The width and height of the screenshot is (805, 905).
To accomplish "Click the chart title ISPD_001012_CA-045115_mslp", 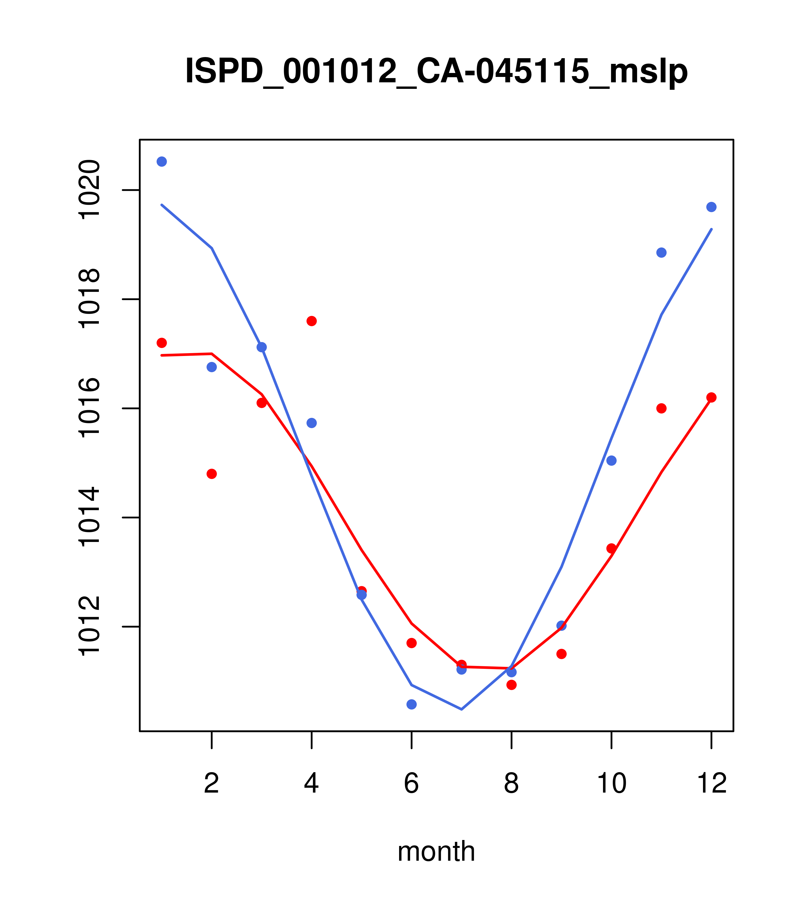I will pyautogui.click(x=436, y=71).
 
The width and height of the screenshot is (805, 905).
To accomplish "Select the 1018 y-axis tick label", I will pyautogui.click(x=89, y=299).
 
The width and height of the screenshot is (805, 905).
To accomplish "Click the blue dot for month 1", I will pyautogui.click(x=162, y=162).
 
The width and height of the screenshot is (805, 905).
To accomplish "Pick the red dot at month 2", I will pyautogui.click(x=212, y=474).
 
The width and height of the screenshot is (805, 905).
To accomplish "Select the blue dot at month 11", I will pyautogui.click(x=662, y=252).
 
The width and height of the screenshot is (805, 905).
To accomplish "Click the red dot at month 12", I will pyautogui.click(x=712, y=397).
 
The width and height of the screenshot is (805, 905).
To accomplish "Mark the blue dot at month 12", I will pyautogui.click(x=712, y=207).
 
